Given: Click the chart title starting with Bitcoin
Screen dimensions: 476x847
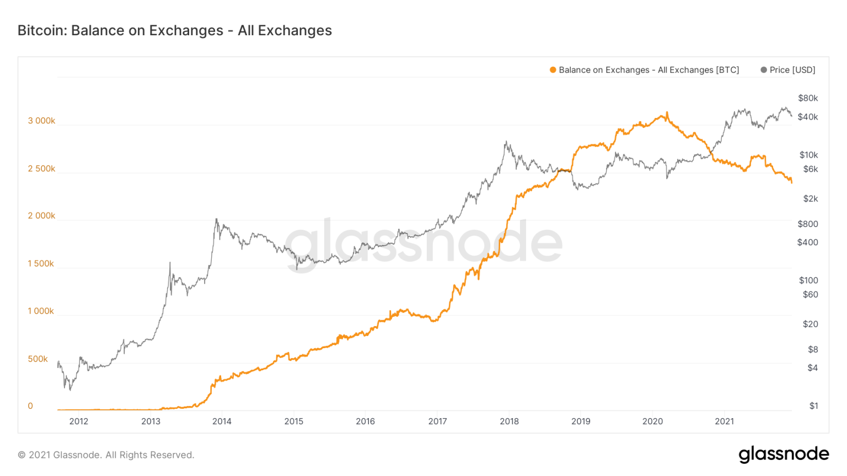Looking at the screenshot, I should click(x=174, y=30).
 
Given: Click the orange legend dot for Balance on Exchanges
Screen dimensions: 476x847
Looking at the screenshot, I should click(x=553, y=70).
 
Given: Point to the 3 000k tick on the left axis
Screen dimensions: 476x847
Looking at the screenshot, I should click(x=41, y=121).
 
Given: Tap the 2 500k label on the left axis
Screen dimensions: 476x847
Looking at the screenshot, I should click(x=41, y=169).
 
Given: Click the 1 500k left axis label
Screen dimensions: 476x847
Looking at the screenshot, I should click(x=41, y=264).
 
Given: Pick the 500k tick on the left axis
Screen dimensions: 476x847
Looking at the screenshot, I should click(x=38, y=359).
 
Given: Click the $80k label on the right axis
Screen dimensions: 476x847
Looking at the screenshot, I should click(x=808, y=98).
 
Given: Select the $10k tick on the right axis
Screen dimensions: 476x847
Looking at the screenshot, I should click(x=808, y=155).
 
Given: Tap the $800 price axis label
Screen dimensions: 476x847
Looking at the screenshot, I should click(x=807, y=224).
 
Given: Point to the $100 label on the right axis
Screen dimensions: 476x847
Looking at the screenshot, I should click(x=808, y=280).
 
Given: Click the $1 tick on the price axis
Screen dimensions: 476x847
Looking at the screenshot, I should click(x=813, y=406).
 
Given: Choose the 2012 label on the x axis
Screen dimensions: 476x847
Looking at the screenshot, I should click(x=79, y=421).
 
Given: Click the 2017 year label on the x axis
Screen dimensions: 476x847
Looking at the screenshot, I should click(x=437, y=421).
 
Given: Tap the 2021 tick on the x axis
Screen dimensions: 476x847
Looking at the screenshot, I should click(x=724, y=421).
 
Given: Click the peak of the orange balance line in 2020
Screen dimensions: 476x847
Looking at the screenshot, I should click(x=667, y=112).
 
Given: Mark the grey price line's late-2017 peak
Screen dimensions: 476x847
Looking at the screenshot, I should click(x=506, y=142).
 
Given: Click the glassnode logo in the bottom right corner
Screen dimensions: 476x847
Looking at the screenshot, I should click(x=784, y=454).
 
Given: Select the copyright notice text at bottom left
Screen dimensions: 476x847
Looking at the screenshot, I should click(x=106, y=455).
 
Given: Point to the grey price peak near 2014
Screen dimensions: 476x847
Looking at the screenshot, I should click(x=216, y=219).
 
